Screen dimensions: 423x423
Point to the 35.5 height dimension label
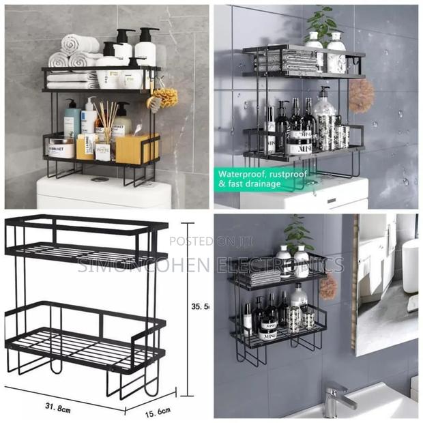(x=200, y=307)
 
